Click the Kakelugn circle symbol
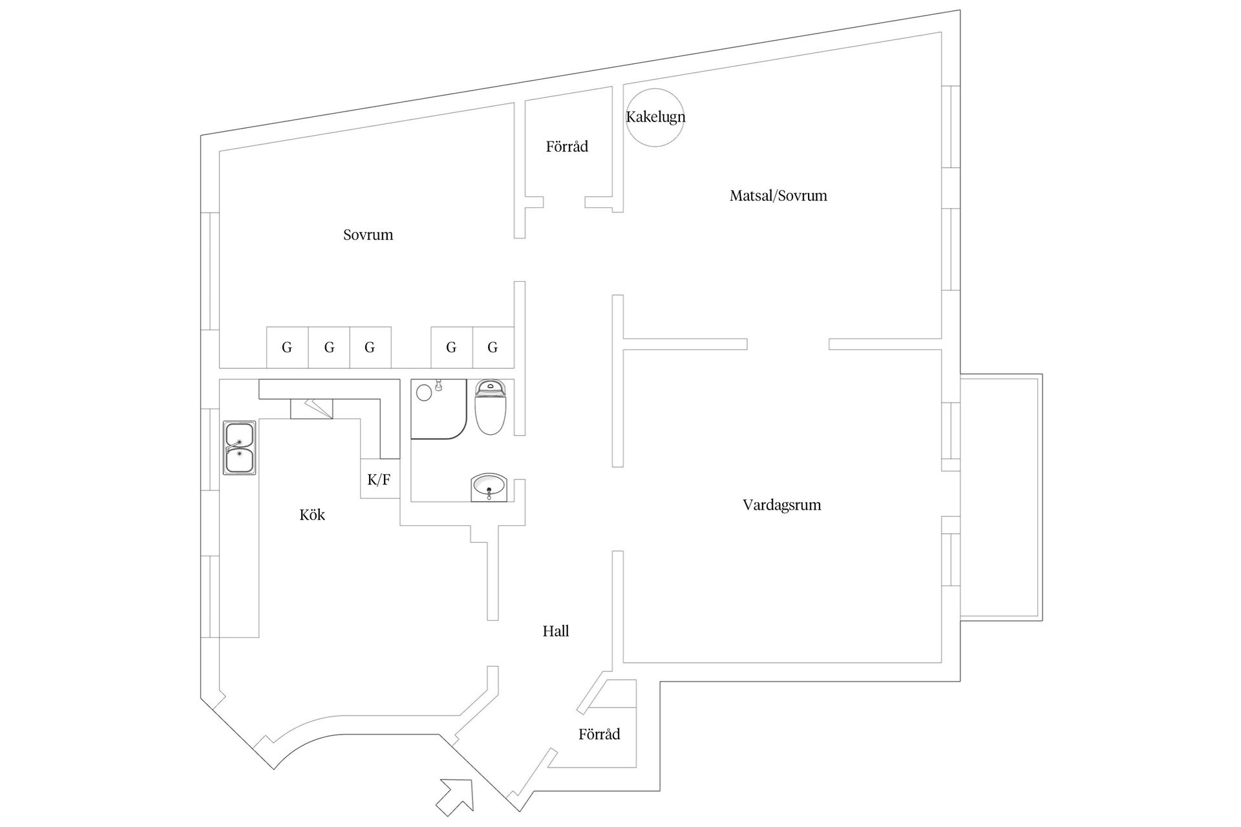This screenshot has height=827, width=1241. pyautogui.click(x=655, y=118)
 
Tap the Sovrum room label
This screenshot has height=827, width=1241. pyautogui.click(x=368, y=235)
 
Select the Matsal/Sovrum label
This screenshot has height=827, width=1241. pyautogui.click(x=778, y=196)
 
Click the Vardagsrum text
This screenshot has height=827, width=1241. pyautogui.click(x=781, y=505)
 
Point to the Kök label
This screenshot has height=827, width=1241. pyautogui.click(x=312, y=515)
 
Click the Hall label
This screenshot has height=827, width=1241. pyautogui.click(x=555, y=631)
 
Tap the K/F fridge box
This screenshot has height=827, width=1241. pyautogui.click(x=379, y=479)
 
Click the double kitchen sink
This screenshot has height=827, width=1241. pyautogui.click(x=239, y=448)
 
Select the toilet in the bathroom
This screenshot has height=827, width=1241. pyautogui.click(x=491, y=407)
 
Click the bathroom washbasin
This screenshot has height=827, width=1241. pyautogui.click(x=489, y=487)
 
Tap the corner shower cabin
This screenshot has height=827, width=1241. pyautogui.click(x=438, y=408)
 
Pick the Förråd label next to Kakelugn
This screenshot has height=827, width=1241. pyautogui.click(x=567, y=147)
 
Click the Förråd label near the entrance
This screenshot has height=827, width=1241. pyautogui.click(x=599, y=735)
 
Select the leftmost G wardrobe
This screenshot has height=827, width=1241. pyautogui.click(x=287, y=348)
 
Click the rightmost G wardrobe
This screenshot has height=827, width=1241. pyautogui.click(x=493, y=348)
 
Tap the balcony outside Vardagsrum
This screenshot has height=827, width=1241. pyautogui.click(x=1000, y=497)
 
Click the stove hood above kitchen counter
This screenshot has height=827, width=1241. pyautogui.click(x=311, y=408)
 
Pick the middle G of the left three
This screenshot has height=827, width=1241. pyautogui.click(x=329, y=348)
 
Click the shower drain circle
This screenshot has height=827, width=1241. pyautogui.click(x=424, y=392)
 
